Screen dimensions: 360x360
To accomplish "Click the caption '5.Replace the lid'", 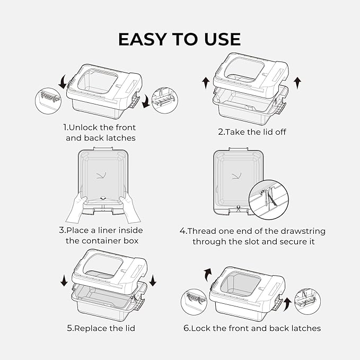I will pos(101,328).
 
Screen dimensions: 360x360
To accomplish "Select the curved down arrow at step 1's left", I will pos(64,82).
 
